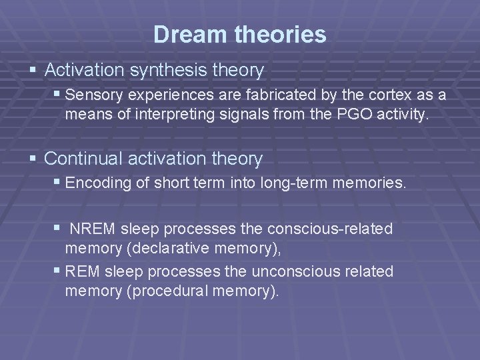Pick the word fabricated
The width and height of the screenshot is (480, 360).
pyautogui.click(x=254, y=96)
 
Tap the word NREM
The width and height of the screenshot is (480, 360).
pyautogui.click(x=92, y=229)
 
